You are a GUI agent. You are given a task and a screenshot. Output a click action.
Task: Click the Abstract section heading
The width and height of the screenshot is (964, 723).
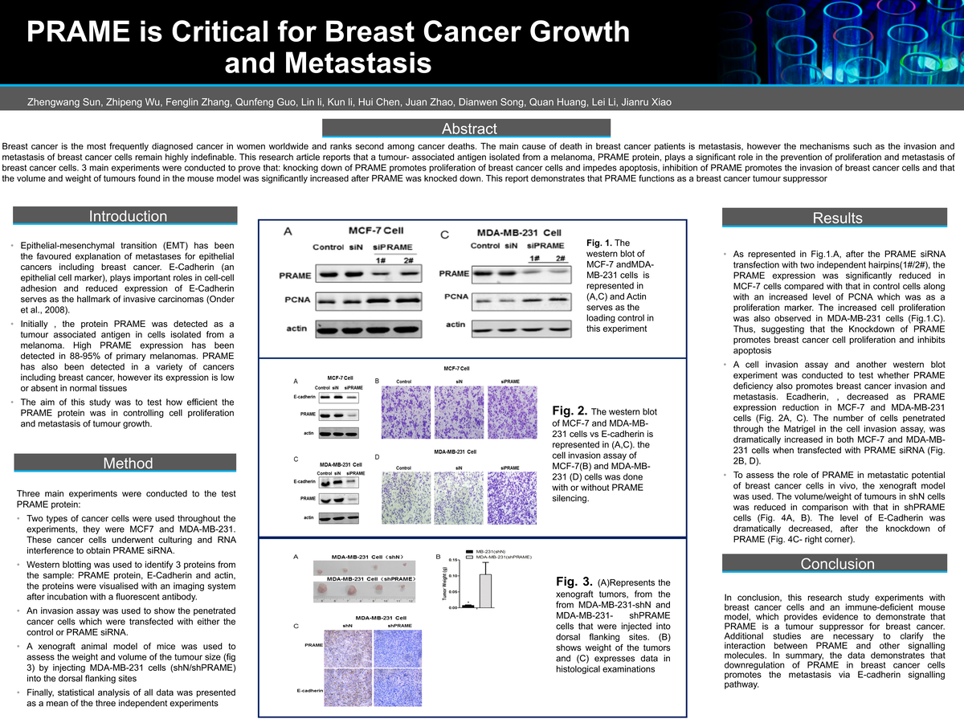click(469, 129)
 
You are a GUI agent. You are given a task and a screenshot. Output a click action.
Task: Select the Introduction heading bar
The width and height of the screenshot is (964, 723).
click(128, 216)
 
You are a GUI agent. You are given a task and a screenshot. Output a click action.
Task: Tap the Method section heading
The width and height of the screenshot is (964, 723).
click(128, 464)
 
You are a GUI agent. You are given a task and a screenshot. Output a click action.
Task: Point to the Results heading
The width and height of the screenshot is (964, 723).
click(837, 218)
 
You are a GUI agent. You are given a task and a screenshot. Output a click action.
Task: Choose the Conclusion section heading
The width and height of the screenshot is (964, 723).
click(837, 564)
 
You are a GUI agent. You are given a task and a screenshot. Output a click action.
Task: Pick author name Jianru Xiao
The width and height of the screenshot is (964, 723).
click(646, 102)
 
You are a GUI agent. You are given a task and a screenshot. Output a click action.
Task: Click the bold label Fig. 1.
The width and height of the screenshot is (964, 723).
click(599, 243)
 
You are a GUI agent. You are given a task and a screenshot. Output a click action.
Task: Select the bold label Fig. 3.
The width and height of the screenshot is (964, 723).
click(573, 581)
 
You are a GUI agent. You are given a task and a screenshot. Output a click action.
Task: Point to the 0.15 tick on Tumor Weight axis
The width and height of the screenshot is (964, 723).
click(454, 560)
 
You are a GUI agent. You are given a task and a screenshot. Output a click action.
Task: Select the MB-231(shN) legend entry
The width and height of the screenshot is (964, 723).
click(492, 551)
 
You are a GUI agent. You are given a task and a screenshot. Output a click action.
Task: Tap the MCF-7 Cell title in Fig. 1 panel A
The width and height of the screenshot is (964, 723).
click(370, 230)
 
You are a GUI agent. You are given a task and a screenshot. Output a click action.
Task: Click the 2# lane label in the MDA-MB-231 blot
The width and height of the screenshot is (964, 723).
click(560, 258)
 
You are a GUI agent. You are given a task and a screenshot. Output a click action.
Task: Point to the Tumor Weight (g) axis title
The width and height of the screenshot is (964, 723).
click(443, 584)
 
